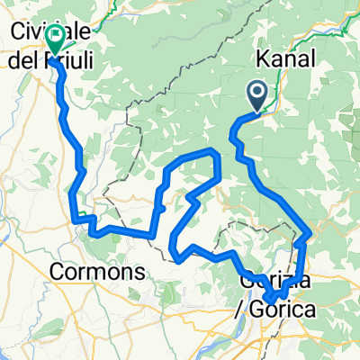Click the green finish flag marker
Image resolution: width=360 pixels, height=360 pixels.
tap(55, 39)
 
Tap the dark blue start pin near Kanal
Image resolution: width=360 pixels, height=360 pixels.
tap(258, 94)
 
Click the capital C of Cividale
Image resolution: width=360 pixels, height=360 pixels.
tap(17, 30)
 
